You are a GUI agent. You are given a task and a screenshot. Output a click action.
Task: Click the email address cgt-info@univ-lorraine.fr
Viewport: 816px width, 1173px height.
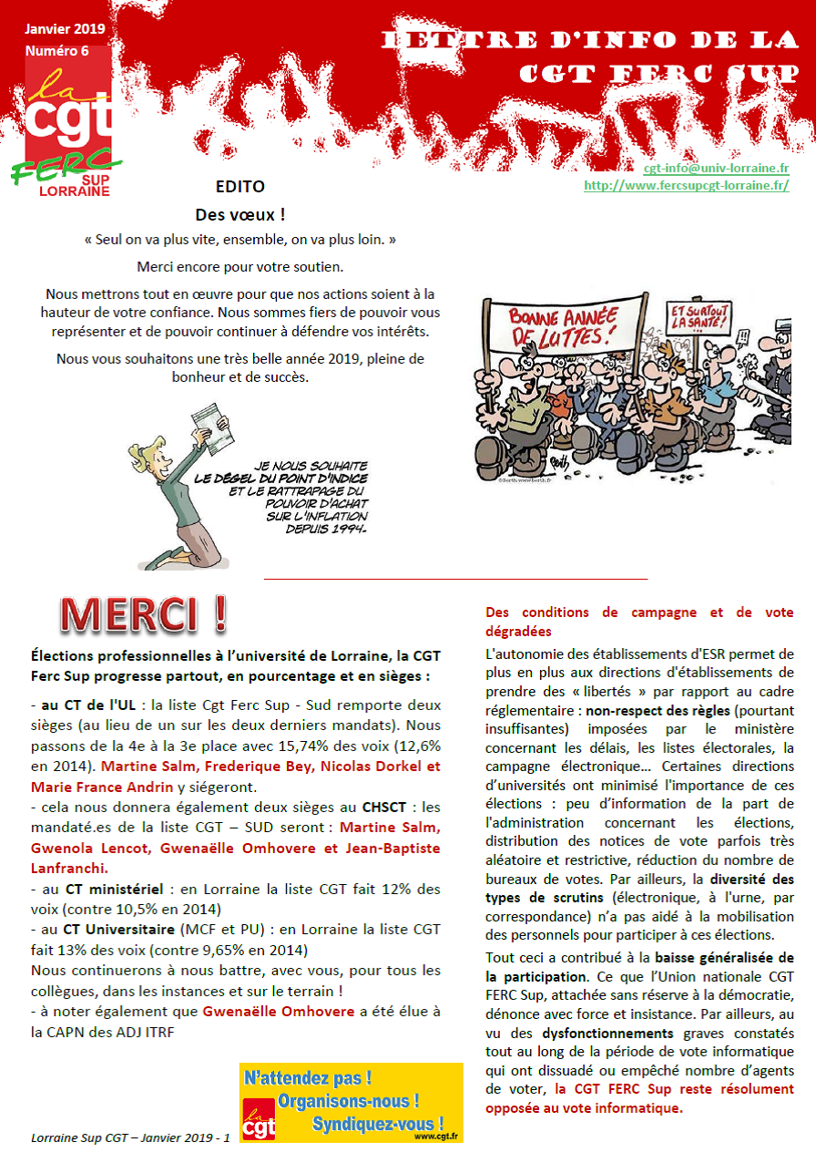point(716,169)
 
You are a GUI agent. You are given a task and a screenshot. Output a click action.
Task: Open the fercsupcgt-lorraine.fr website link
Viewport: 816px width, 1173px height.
point(686,185)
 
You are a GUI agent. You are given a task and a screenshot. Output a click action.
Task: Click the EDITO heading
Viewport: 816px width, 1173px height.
point(240,187)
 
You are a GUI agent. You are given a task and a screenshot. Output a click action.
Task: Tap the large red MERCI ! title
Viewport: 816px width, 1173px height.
point(143,615)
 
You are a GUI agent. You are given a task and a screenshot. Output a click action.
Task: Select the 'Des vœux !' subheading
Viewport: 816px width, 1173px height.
point(240,215)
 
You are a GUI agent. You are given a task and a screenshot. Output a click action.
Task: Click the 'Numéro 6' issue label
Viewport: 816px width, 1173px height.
point(56,50)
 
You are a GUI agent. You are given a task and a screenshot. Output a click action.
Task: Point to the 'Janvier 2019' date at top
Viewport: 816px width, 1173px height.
point(64,28)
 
